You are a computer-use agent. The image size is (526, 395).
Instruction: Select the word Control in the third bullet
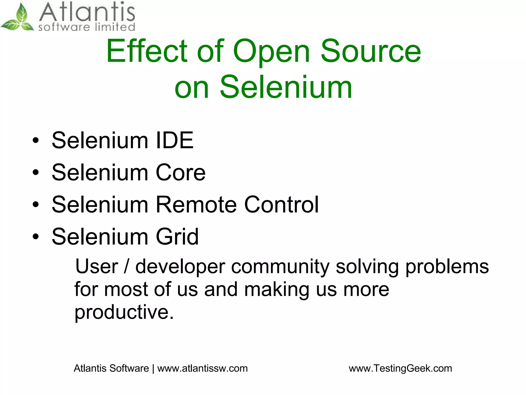(x=281, y=205)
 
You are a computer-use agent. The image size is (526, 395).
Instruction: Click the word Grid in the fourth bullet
(x=177, y=237)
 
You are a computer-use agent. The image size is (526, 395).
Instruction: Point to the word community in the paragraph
(x=280, y=266)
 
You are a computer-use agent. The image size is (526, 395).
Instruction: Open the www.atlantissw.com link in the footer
(x=202, y=368)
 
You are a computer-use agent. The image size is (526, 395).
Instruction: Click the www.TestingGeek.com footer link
(x=400, y=368)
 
